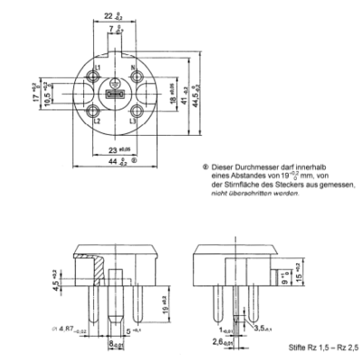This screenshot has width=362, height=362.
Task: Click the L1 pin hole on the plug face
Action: [98, 77]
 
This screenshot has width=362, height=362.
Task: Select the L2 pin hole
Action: [98, 111]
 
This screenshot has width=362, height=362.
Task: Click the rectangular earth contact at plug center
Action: [115, 94]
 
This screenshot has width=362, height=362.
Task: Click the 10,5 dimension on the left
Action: [47, 95]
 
